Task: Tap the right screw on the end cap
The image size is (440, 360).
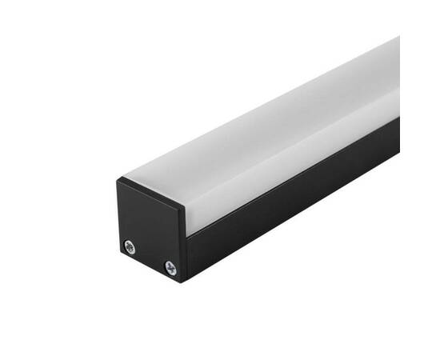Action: coord(170,267)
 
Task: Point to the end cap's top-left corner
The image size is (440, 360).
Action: coord(118,180)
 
